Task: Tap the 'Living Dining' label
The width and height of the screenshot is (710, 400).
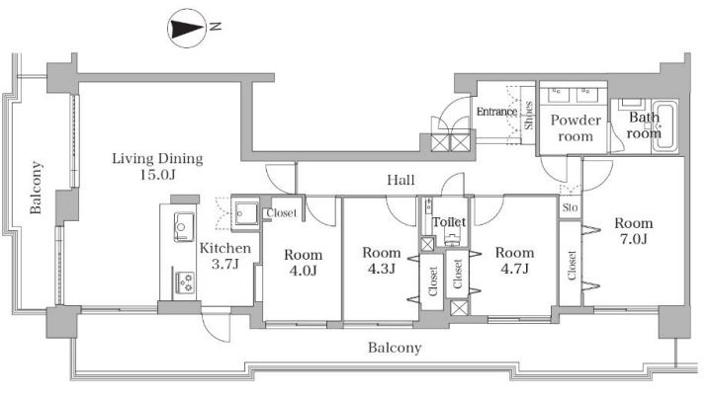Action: coord(157,159)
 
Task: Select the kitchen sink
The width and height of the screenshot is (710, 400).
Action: coord(184,226)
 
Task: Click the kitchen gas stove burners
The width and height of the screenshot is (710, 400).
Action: coord(185,282)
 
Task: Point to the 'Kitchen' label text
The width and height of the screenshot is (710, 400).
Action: coord(225,248)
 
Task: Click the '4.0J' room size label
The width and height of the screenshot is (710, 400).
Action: coord(303,271)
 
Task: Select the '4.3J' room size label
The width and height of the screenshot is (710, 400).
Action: coord(382,269)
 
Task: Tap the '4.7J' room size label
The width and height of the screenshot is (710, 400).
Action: coord(514,269)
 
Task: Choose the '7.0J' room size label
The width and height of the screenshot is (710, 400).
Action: coord(634,238)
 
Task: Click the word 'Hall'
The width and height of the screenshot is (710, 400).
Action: coord(400,180)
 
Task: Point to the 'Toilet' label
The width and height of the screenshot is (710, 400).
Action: coord(449,221)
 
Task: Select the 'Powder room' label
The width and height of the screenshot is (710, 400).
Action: coord(576,128)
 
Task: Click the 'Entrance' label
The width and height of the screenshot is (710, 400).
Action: coord(496,112)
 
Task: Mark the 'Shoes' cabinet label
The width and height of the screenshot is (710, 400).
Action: coord(528,116)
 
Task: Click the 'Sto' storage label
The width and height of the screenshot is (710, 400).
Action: coord(571,207)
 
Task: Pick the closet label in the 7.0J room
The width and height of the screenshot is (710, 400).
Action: coord(572,266)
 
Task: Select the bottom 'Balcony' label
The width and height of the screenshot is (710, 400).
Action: coord(395,348)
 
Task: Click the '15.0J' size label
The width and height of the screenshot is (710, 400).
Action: coord(157,174)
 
